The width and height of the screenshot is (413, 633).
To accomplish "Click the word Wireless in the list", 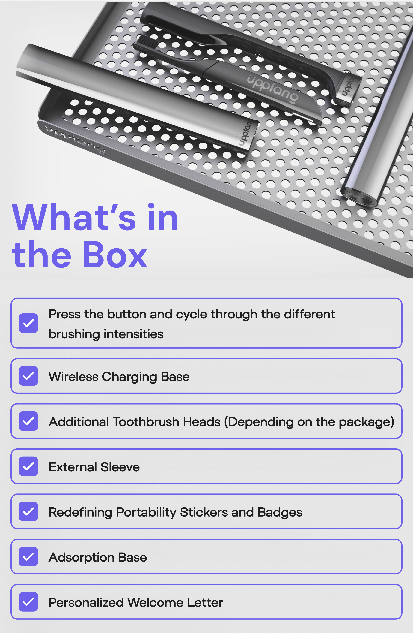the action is [73, 377].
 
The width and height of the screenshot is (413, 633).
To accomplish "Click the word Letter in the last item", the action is [205, 602].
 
